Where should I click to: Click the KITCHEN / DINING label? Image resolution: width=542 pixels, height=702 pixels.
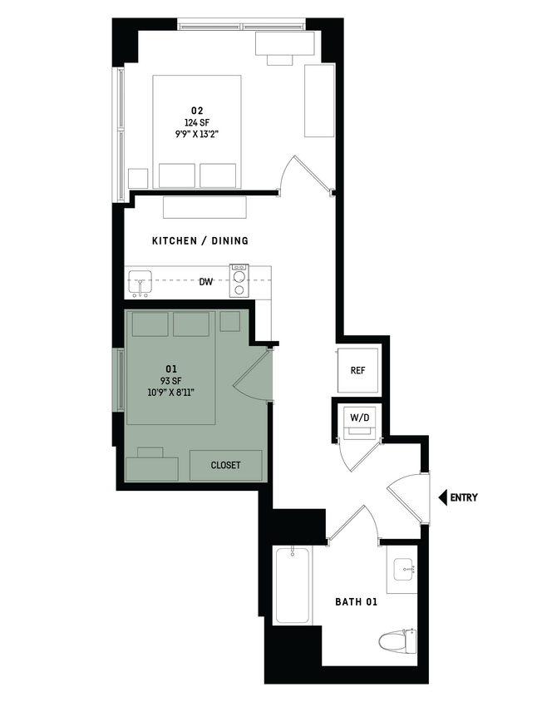pos(200,241)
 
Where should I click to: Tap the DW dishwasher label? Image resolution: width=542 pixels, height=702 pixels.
pos(206,282)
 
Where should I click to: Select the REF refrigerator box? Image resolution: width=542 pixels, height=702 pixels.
pos(358,371)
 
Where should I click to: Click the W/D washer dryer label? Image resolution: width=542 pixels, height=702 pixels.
pos(359,417)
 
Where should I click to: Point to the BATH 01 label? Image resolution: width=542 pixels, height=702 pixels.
pos(356,601)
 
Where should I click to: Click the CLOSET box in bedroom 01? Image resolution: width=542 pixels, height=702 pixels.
pos(225,465)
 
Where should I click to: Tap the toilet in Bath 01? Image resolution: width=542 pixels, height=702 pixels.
pos(397,641)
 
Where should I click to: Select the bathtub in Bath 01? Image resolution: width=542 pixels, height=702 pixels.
pos(292,585)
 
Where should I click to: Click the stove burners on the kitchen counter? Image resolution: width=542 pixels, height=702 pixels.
pos(239,281)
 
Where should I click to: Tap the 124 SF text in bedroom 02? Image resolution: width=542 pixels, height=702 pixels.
pos(197,123)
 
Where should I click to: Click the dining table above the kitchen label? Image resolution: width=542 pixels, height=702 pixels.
pos(205,207)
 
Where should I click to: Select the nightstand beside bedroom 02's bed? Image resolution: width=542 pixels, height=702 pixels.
pos(138,178)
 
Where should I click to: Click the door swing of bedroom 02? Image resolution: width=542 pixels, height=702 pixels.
pos(303,174)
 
